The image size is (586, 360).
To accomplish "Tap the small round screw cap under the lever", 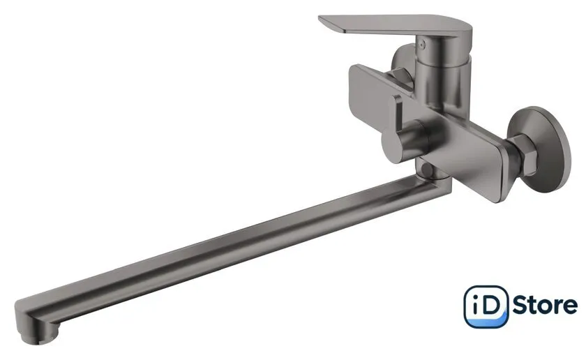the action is click(x=423, y=44).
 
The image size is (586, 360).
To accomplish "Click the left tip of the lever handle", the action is click(x=320, y=17).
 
